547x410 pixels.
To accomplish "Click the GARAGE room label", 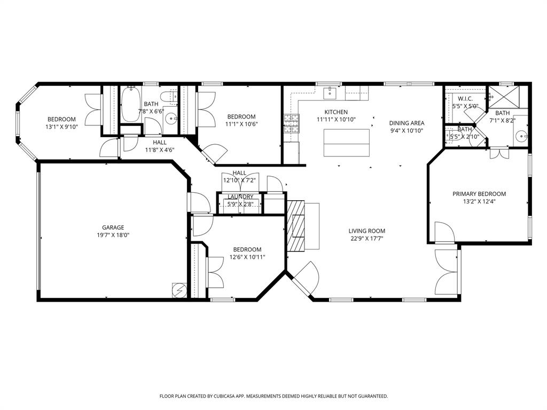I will [113, 227].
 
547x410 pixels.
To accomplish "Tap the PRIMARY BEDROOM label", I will [479, 194].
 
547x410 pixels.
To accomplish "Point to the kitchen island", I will [346, 142].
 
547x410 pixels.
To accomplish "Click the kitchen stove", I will [291, 123].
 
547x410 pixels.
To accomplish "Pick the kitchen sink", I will [331, 93].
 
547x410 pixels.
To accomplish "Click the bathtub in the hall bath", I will [131, 105].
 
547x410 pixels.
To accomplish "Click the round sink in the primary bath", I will [521, 136].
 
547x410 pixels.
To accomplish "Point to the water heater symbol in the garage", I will [179, 290].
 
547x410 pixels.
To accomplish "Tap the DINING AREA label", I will [407, 123].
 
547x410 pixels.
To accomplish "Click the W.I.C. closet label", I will [464, 98].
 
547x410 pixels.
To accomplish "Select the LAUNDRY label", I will [240, 197].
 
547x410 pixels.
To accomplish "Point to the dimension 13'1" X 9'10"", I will [61, 127].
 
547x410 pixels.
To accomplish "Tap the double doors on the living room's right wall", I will [448, 273].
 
